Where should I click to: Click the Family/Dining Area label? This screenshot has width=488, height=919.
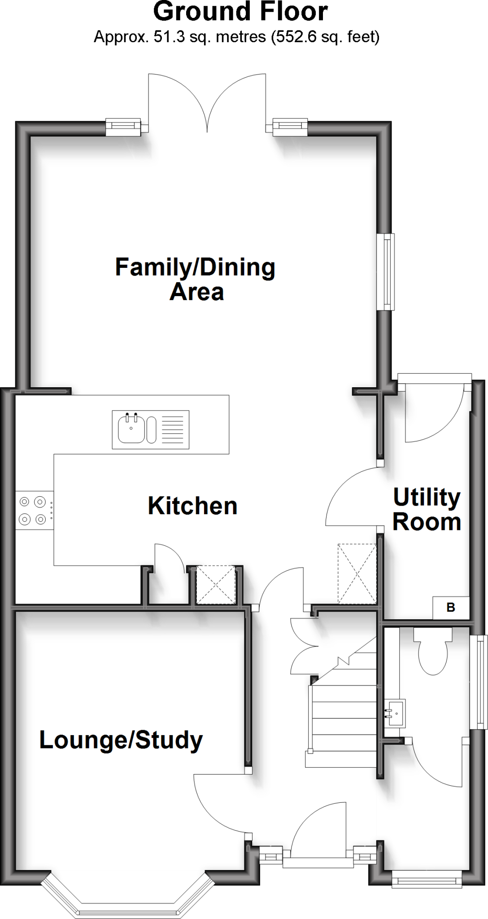click(195, 279)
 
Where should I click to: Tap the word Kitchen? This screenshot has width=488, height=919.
click(192, 506)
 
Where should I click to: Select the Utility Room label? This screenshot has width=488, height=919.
click(427, 510)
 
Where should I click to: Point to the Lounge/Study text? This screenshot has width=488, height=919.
click(121, 740)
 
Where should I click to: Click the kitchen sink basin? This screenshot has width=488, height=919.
click(131, 429)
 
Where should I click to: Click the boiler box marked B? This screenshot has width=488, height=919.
click(451, 608)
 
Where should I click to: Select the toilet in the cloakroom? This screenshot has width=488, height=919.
click(432, 653)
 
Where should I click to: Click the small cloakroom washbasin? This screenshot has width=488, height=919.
click(396, 713)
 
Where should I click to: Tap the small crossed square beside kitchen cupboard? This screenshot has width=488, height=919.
click(216, 584)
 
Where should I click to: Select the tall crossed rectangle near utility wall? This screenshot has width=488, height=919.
click(357, 573)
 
